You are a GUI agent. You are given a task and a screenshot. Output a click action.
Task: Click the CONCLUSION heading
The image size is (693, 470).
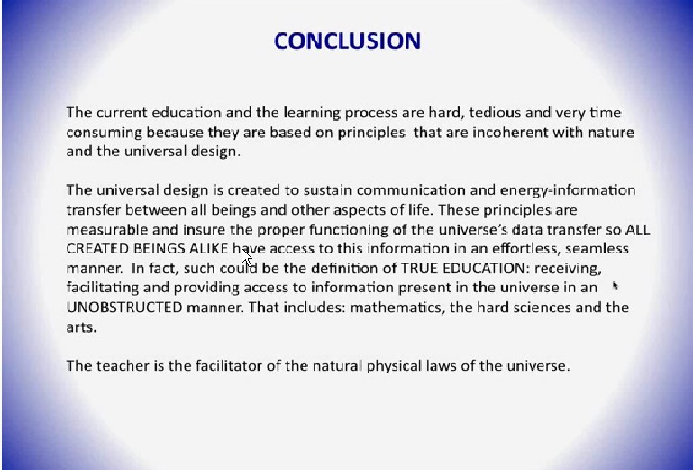347,41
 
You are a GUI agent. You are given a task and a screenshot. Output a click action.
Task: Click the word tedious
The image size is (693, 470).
495,113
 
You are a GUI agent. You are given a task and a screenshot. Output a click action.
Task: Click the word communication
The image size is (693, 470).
411,190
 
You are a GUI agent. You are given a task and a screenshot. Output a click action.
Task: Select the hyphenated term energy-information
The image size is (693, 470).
568,190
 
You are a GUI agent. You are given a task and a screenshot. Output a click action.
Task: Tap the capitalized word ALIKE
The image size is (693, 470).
208,249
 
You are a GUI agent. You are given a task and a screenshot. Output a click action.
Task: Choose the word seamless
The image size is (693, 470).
597,249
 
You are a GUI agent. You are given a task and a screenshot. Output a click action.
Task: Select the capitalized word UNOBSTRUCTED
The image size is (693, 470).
124,308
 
